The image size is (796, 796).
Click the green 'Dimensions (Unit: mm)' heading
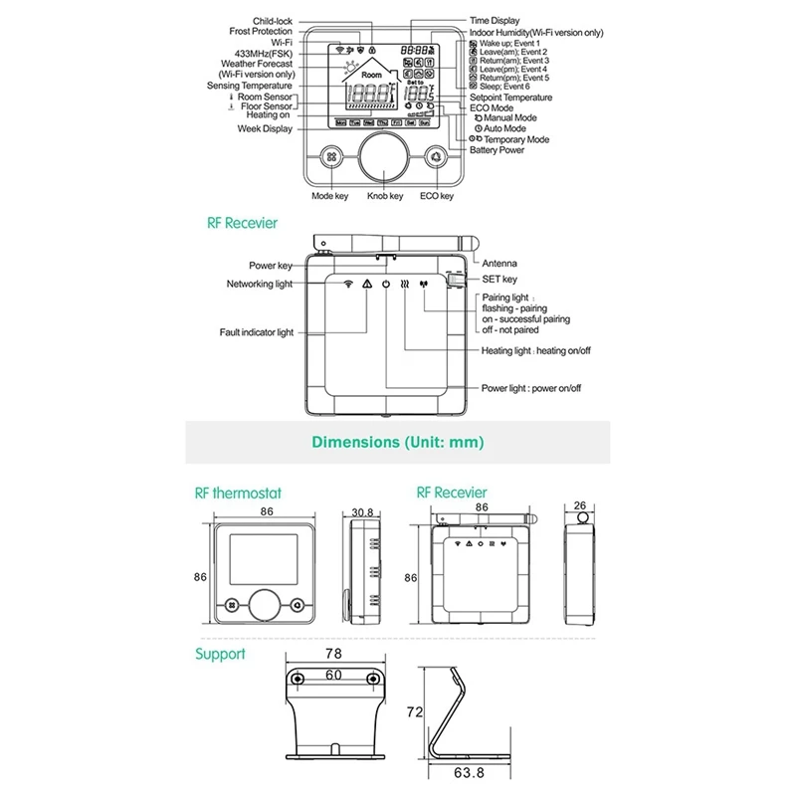[x=398, y=441]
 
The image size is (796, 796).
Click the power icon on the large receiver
[x=386, y=284]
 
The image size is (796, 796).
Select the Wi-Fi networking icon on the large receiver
[x=347, y=284]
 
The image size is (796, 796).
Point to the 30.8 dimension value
[x=362, y=512]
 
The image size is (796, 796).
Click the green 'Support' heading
[x=219, y=654]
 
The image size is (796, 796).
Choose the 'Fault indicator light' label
[x=257, y=332]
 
